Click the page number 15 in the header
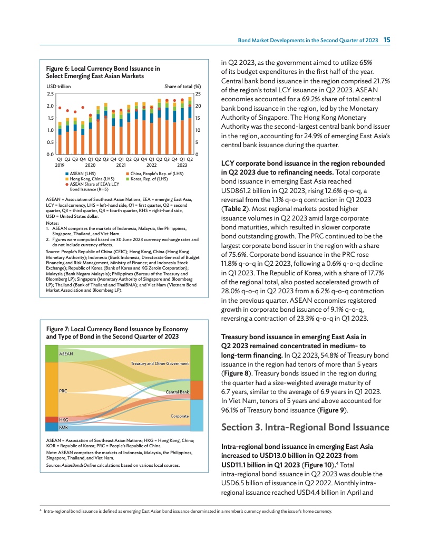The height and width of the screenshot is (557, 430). (386, 40)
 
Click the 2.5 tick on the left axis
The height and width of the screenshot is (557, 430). (50, 93)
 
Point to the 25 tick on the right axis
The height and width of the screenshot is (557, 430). (198, 93)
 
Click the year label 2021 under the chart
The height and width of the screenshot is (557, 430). (121, 165)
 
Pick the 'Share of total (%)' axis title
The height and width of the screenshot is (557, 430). (183, 87)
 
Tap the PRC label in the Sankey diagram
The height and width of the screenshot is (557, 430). (63, 391)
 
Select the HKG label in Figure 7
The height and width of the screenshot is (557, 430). (63, 420)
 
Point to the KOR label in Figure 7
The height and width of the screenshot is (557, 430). (63, 427)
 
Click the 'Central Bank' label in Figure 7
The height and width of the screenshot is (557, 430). (177, 392)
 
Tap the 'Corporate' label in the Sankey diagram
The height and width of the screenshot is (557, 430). (179, 416)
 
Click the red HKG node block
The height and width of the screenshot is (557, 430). (51, 420)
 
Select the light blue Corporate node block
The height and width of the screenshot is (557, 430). (196, 415)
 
